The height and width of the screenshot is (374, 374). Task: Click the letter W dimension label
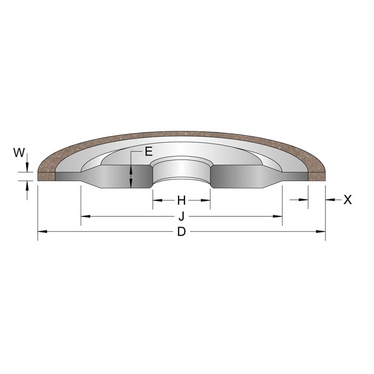click(19, 153)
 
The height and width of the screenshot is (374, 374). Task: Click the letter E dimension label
click(149, 152)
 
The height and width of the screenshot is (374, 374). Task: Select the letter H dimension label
click(181, 200)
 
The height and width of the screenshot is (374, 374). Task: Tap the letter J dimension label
click(181, 216)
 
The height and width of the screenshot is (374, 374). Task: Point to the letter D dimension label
click(181, 232)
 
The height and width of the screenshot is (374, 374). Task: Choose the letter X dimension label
click(348, 200)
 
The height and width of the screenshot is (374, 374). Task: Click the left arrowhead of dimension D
click(42, 232)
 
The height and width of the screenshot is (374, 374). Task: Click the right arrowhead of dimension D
click(321, 232)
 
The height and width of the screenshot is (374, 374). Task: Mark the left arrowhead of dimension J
click(85, 216)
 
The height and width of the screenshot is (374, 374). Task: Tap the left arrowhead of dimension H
click(157, 200)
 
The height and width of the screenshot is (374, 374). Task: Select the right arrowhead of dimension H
click(206, 200)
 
